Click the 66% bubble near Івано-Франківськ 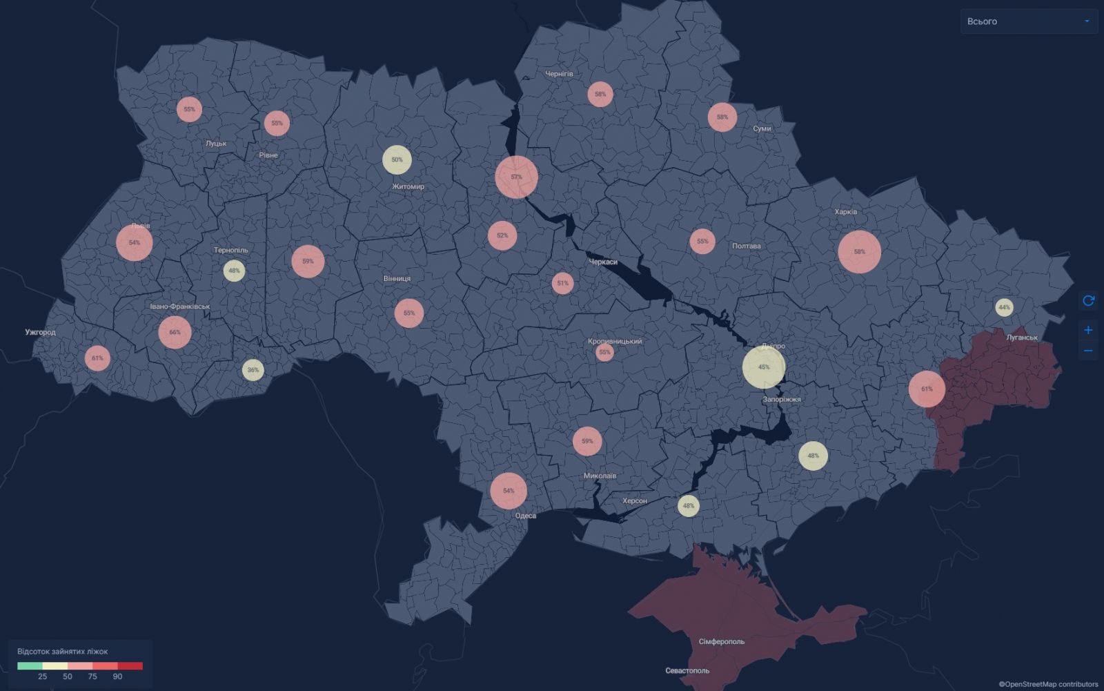(175, 332)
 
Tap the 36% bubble (253, 370)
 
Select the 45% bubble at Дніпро (764, 367)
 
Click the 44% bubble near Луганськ (1004, 307)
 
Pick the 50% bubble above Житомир (397, 159)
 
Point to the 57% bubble (516, 177)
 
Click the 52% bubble (502, 235)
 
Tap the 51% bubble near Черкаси (563, 283)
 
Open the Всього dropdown (1028, 21)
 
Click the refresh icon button (1088, 300)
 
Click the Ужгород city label (40, 332)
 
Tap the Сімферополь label (722, 641)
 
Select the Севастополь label (687, 670)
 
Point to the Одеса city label (525, 516)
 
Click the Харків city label (845, 212)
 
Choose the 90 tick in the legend (117, 677)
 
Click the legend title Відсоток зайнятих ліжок (63, 652)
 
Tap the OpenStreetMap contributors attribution (1048, 684)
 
